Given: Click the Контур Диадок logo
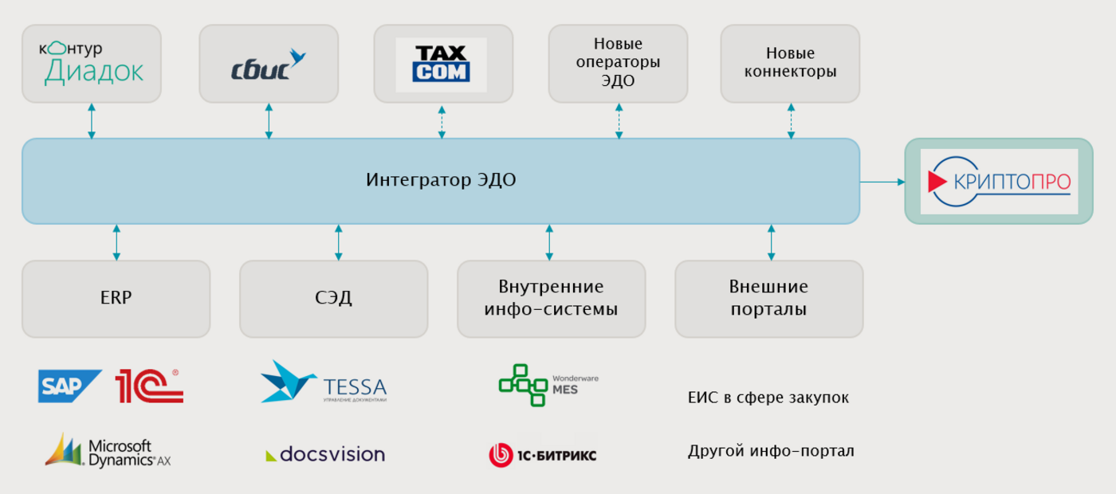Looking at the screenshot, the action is pos(91,63).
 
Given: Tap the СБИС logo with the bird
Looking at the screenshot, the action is pos(268,65).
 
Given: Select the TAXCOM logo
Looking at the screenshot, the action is pos(441,65).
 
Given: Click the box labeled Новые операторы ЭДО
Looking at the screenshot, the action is pos(618,64).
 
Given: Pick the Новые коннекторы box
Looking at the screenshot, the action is pos(790,64).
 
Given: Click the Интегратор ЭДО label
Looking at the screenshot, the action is pos(441,180).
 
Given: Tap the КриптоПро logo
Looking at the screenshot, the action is pos(999,182).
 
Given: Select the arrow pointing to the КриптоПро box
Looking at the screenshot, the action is pos(882,182).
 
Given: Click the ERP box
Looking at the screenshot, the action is pos(116,299).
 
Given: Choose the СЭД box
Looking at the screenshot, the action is pos(334,299).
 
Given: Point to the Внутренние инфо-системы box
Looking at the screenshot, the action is pos(552,299).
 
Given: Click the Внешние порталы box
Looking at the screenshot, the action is pos(768,299).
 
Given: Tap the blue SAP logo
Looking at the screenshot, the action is pos(70,386).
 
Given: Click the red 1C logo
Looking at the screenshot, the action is pos(149,386).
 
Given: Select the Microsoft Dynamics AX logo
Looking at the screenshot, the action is pos(108,451).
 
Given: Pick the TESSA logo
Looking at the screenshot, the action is pos(324,382).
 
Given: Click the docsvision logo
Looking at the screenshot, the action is pos(325,453).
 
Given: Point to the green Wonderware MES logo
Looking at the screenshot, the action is pos(548,385).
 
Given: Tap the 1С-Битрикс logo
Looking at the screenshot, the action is pos(543,455).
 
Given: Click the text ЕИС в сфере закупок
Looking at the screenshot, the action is pos(768,398).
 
